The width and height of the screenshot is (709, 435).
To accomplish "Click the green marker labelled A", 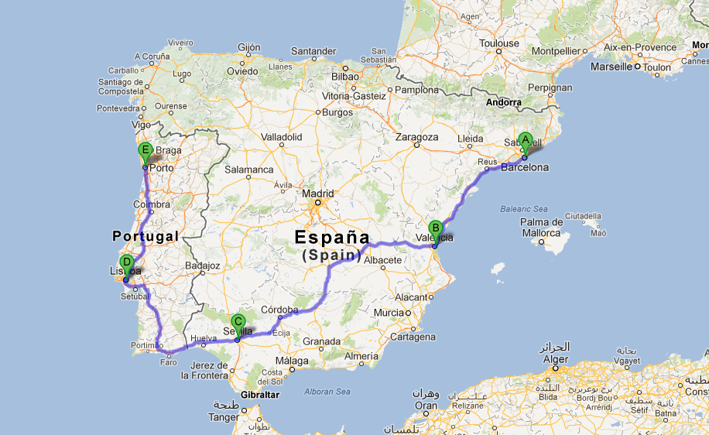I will pyautogui.click(x=526, y=141).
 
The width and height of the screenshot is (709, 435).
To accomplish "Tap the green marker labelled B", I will pyautogui.click(x=435, y=229).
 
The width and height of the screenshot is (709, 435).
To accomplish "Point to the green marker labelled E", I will pyautogui.click(x=145, y=150).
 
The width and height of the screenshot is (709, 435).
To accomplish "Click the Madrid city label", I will pyautogui.click(x=317, y=194).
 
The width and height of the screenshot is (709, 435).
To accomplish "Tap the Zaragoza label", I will pyautogui.click(x=416, y=137).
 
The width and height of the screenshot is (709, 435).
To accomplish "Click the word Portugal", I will pyautogui.click(x=146, y=235).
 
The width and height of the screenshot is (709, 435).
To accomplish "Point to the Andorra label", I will pyautogui.click(x=504, y=102).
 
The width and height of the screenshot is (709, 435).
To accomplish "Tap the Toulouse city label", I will pyautogui.click(x=498, y=44).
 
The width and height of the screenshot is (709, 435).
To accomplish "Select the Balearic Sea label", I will pyautogui.click(x=525, y=209).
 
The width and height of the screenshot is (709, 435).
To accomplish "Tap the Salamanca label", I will pyautogui.click(x=248, y=169).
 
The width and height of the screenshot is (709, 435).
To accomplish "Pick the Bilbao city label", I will pyautogui.click(x=344, y=77).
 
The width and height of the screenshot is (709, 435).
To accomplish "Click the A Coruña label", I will pyautogui.click(x=152, y=56).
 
